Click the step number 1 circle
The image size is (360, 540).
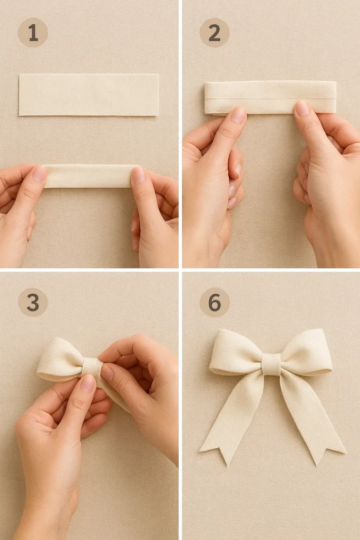point(33,33)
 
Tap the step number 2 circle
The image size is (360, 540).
point(215,33)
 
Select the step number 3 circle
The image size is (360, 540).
point(33,302)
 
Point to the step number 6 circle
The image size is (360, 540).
point(215,302)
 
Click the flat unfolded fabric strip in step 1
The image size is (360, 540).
point(89,94)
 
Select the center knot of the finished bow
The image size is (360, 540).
point(271,364)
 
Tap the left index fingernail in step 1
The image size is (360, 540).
point(40,173)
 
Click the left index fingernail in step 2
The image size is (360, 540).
point(238,115)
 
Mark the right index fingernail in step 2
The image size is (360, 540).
point(303,108)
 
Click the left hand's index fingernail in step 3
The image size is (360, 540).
point(87,383)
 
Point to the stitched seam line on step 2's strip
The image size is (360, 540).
point(270,98)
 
